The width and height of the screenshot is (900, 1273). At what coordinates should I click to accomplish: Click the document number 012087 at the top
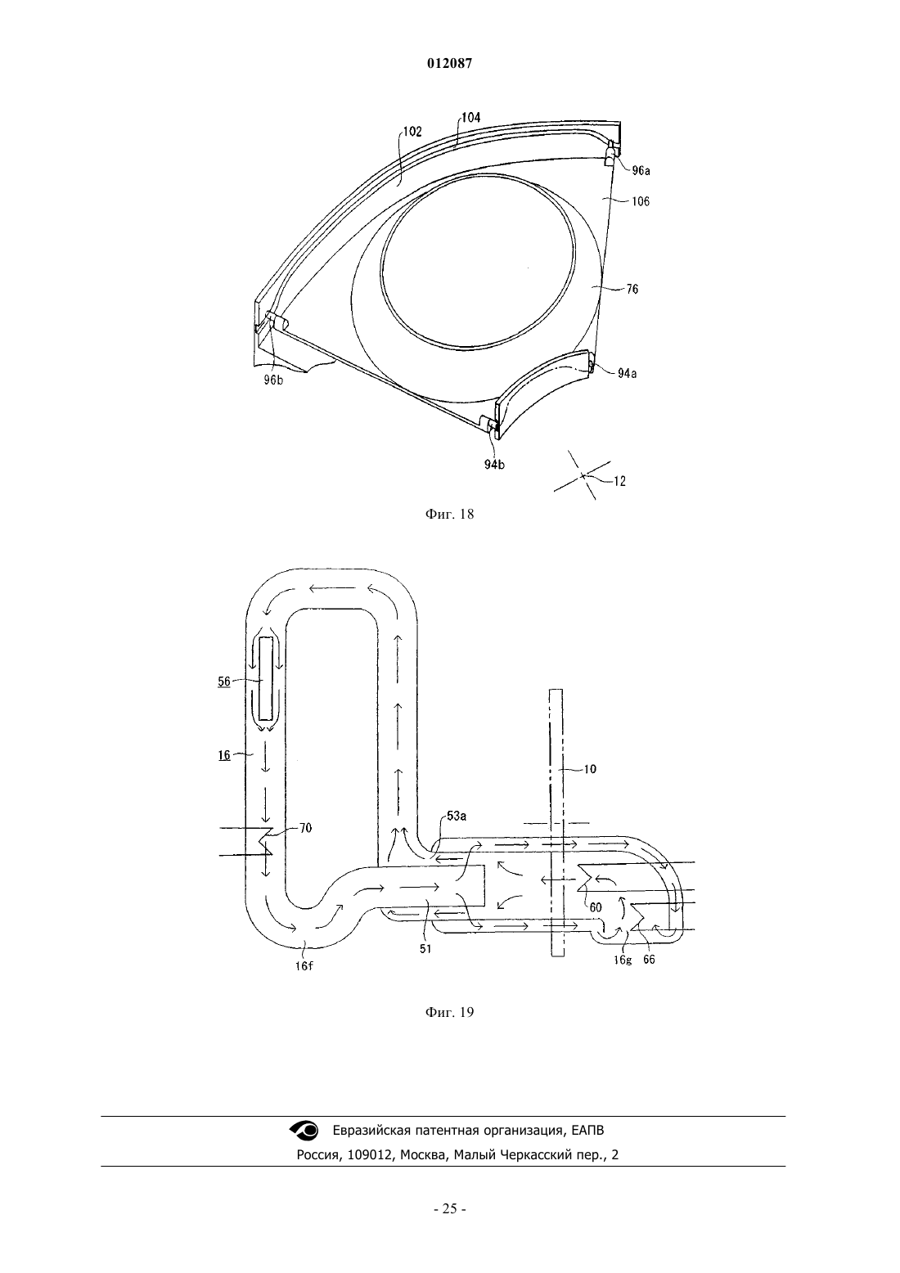[449, 64]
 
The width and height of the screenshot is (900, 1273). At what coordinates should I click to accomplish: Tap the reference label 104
[470, 118]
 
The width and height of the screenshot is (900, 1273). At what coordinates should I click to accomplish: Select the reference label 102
[412, 132]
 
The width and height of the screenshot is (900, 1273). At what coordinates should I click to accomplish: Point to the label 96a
[641, 170]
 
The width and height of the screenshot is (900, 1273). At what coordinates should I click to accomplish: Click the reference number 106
[641, 201]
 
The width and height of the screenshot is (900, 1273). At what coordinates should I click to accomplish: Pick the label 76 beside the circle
[632, 290]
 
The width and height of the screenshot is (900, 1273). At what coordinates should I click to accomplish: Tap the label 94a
[628, 373]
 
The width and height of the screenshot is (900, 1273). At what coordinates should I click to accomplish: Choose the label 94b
[494, 465]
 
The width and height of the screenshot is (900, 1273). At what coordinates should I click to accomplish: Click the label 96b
[273, 380]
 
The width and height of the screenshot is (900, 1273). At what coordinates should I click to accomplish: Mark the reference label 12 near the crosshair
[619, 481]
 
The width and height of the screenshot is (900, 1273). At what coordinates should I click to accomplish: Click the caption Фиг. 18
[449, 515]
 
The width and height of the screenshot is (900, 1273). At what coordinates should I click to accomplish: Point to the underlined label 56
[224, 681]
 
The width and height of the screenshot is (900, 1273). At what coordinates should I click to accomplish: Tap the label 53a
[457, 816]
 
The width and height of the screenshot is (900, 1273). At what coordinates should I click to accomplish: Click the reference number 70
[306, 828]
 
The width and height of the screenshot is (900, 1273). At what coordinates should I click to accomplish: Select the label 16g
[623, 960]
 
